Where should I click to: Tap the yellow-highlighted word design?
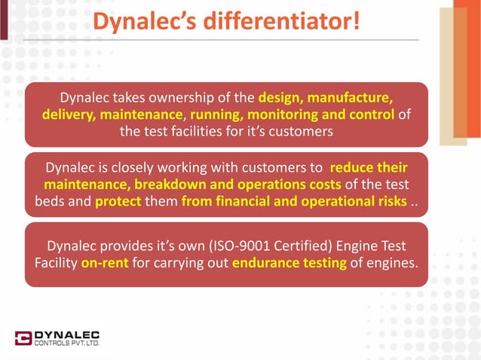(280, 99)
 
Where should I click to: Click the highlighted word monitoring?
(290, 115)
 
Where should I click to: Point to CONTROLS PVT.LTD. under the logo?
(68, 345)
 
